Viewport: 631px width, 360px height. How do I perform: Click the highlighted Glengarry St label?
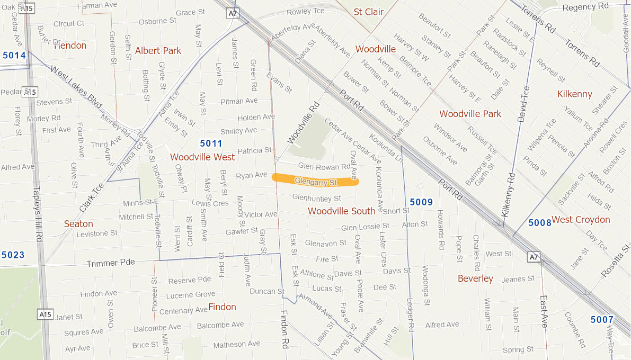pos(316,182)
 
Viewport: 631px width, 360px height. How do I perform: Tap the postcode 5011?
pos(211,143)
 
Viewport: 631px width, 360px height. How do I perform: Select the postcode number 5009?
pos(421,202)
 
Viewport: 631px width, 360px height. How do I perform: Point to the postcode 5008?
pos(540,223)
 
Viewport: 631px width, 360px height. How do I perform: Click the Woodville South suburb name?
pos(341,211)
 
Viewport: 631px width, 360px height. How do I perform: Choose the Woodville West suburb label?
pos(202,157)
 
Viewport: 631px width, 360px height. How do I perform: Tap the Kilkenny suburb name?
pos(574,94)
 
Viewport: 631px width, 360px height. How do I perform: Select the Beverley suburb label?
pos(475,278)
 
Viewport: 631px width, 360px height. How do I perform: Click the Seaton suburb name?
pos(78,224)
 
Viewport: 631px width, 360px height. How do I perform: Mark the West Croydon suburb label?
pos(581,220)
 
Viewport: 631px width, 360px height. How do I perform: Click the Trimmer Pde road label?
pos(111,263)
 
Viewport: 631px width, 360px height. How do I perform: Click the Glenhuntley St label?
pos(316,199)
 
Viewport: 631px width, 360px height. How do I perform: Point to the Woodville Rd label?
pos(304,123)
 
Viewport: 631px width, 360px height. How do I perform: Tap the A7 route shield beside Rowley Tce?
pos(232,13)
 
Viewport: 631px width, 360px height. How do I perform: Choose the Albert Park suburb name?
pos(158,51)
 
